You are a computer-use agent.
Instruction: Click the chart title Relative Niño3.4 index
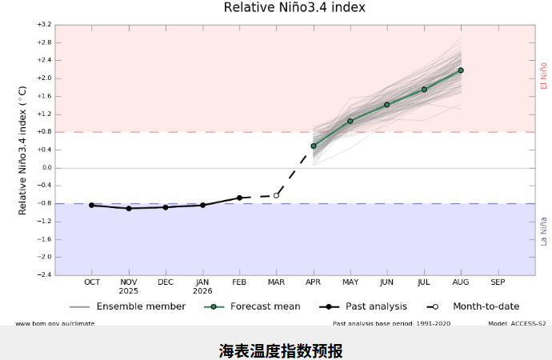point(294,8)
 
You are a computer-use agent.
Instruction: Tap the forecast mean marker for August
point(461,70)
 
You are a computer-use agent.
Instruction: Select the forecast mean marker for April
point(314,146)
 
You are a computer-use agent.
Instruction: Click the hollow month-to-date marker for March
point(277,195)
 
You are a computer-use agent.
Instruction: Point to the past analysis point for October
point(92,205)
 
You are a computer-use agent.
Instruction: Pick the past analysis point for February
point(239,198)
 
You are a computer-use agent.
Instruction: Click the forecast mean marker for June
point(387,105)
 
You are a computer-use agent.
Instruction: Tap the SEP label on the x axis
point(498,282)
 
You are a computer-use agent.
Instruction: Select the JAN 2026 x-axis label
point(202,286)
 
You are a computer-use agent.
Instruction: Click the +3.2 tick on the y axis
point(44,25)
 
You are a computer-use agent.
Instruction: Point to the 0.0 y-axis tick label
point(46,168)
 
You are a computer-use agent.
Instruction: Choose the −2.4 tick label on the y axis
point(44,275)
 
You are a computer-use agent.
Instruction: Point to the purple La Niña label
point(544,231)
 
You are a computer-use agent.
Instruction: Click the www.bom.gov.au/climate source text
point(54,324)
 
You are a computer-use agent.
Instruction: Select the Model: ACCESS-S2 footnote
point(517,324)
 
